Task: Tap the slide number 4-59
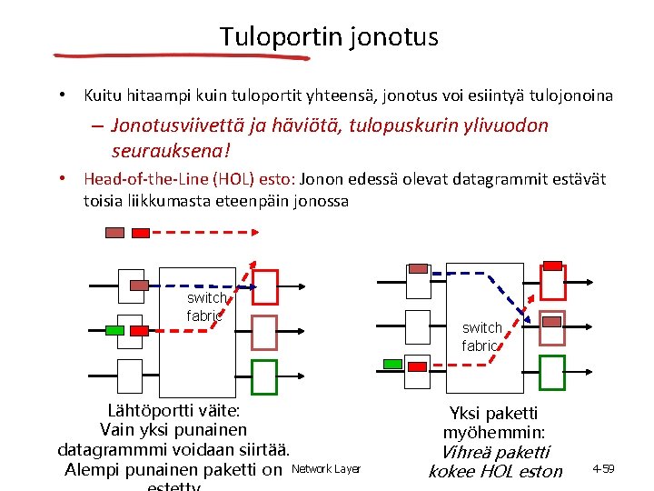(x=604, y=469)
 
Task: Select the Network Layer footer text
(x=324, y=469)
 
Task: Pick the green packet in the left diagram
(x=114, y=329)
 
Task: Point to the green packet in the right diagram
(x=392, y=364)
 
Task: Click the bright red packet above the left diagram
(x=141, y=232)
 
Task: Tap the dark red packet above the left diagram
(x=114, y=232)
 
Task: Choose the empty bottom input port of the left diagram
(x=130, y=374)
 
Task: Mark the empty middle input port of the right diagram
(x=419, y=324)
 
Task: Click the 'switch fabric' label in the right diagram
(x=481, y=336)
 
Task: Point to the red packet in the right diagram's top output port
(x=551, y=265)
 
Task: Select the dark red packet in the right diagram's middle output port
(x=551, y=321)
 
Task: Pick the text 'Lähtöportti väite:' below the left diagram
(x=173, y=410)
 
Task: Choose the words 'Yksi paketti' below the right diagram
(x=494, y=414)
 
